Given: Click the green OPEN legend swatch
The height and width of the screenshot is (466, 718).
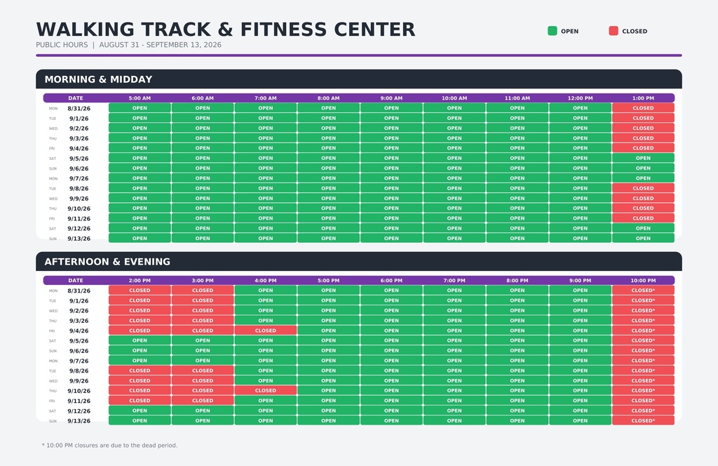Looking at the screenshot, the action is (x=553, y=31).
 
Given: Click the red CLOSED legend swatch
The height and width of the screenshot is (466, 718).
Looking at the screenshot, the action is (x=614, y=31).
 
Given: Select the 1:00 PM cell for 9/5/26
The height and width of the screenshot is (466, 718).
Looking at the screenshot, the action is (x=643, y=158).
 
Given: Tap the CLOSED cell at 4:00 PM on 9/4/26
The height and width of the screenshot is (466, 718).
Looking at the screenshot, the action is (x=266, y=331).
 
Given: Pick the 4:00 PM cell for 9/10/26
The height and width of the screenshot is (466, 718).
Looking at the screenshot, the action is (x=266, y=390).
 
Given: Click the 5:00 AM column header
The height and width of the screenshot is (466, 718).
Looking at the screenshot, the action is (x=140, y=98).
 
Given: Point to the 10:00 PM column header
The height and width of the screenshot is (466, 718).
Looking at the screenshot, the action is (x=643, y=281).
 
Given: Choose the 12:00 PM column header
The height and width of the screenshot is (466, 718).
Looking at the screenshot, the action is (x=580, y=98).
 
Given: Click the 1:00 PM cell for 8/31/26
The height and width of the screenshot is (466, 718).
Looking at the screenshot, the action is (x=643, y=108).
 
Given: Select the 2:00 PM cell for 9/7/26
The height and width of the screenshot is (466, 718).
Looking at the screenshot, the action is (x=140, y=361).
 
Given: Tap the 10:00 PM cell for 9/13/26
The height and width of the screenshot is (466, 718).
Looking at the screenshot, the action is (x=643, y=420).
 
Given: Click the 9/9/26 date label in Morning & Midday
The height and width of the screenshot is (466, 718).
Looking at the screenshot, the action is (x=79, y=199).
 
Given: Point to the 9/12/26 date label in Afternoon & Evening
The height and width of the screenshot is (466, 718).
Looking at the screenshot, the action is (x=79, y=411).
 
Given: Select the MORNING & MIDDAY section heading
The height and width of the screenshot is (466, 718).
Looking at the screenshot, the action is (x=98, y=79).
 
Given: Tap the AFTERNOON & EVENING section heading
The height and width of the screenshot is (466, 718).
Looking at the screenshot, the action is (x=107, y=262).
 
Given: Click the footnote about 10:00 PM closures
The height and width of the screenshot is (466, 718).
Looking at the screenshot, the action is (x=109, y=446).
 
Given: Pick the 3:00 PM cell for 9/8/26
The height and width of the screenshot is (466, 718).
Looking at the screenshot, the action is (x=203, y=371).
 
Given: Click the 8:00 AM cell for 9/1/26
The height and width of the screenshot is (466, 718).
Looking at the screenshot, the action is (x=328, y=118).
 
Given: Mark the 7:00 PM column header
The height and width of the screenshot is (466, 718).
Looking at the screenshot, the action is (x=454, y=281).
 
